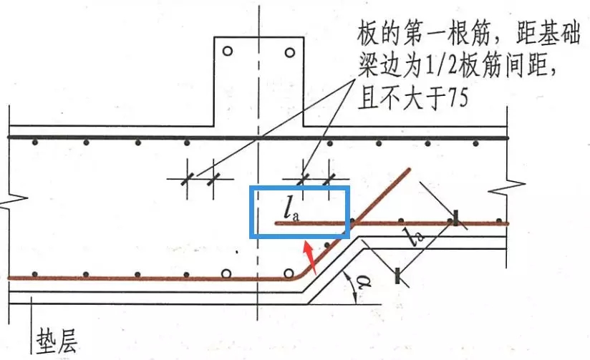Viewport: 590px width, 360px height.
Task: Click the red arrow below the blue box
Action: point(311,256)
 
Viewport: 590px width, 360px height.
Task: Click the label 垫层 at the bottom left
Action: point(57,341)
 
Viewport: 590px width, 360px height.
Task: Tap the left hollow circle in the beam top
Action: point(227,51)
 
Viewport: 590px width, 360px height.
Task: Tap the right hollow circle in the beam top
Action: point(290,52)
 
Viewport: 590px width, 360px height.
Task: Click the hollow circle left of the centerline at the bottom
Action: point(226,273)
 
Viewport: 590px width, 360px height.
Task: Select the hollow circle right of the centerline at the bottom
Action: point(289,273)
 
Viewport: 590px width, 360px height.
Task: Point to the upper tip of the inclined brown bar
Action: point(410,170)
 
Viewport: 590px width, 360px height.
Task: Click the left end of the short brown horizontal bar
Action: point(276,223)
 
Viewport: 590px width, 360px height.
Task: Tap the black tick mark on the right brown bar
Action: point(455,218)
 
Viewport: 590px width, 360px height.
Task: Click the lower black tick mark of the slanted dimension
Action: point(397,276)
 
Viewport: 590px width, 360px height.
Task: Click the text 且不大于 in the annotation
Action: point(402,99)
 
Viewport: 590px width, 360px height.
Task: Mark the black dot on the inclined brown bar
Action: point(327,245)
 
